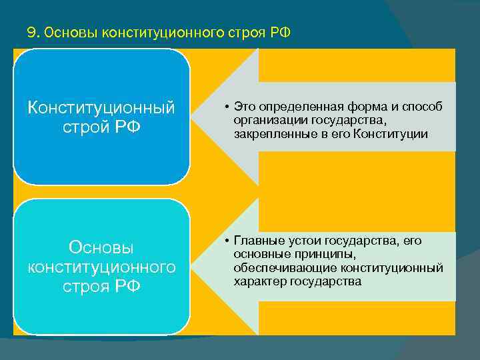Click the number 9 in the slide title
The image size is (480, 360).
tap(30, 33)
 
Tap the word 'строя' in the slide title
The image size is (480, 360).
tap(251, 33)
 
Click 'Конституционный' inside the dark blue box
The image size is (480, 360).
tap(101, 107)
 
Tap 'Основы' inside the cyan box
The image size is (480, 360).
tap(101, 247)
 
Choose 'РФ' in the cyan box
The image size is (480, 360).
tap(127, 287)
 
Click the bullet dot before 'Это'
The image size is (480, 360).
tap(227, 107)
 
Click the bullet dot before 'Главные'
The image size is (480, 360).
tap(227, 241)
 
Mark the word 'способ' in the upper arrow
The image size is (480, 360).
tap(424, 107)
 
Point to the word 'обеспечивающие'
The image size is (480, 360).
tap(275, 267)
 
